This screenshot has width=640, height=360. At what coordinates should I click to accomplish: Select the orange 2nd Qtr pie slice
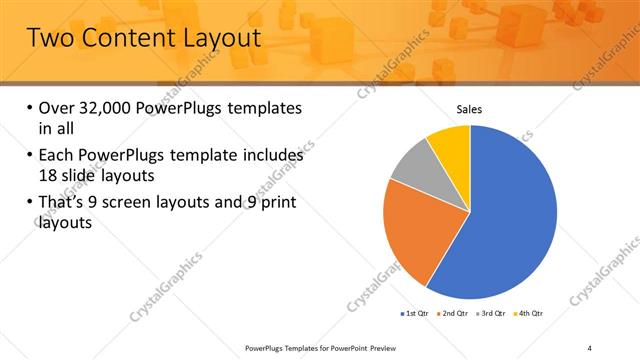[415, 235]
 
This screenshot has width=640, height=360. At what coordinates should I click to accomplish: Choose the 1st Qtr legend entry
[414, 314]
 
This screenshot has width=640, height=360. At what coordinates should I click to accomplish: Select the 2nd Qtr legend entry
[454, 314]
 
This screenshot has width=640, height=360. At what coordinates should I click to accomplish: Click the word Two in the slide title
[50, 39]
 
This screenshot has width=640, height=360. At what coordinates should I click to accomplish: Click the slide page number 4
[590, 347]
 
